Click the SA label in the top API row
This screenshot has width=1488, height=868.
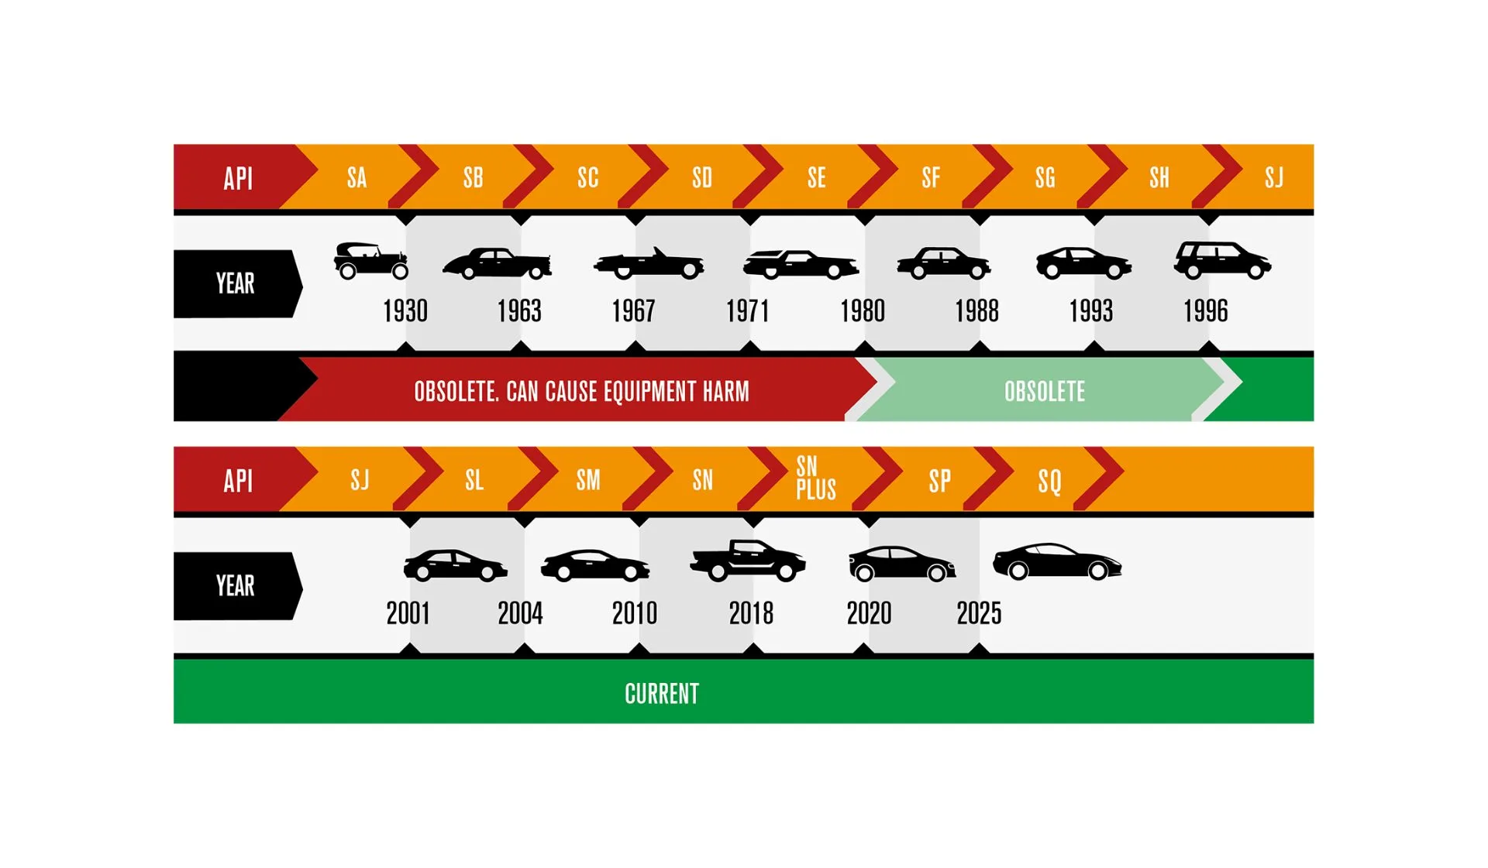point(356,178)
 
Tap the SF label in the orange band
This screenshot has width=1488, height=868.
point(931,178)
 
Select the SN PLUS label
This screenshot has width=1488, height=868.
point(816,478)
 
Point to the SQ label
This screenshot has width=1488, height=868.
point(1049,481)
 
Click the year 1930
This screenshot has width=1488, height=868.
point(405,311)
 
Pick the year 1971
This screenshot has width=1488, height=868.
point(748,311)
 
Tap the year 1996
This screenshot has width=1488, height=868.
point(1206,311)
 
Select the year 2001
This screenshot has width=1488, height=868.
point(408,613)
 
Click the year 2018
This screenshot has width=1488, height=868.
point(751,613)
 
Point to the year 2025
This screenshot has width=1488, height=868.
point(979,613)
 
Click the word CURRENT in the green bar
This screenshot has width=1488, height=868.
point(662,694)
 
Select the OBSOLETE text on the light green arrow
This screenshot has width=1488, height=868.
point(1045,392)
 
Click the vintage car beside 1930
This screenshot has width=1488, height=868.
point(371,260)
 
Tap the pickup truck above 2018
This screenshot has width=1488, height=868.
point(748,560)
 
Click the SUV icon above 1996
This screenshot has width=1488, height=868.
point(1222,260)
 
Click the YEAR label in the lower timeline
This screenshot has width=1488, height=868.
point(236,586)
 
